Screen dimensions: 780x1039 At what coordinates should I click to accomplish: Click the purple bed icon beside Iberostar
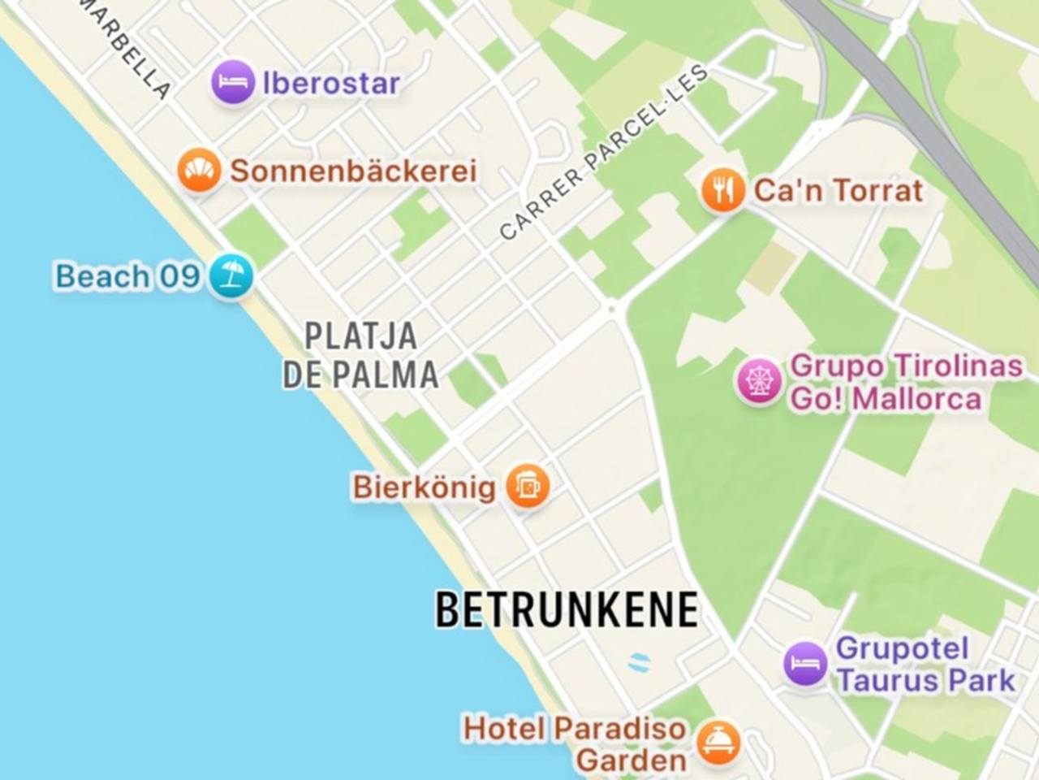232,83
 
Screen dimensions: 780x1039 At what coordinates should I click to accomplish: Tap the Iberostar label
331,83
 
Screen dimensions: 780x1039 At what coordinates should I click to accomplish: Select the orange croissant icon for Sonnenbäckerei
199,171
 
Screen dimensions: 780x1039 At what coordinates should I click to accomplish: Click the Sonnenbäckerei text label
353,171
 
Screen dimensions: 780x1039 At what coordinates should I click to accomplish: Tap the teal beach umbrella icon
231,276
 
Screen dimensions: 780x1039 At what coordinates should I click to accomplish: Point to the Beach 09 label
127,276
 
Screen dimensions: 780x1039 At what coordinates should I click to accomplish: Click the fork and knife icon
722,191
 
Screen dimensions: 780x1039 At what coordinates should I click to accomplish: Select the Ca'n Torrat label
839,191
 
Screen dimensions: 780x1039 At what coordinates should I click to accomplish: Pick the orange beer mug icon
528,487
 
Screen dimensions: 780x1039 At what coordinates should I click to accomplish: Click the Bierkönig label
424,487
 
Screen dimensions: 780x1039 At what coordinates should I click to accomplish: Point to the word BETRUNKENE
567,609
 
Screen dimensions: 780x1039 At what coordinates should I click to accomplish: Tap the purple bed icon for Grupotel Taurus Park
805,664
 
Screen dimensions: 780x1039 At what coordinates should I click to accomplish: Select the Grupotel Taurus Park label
925,664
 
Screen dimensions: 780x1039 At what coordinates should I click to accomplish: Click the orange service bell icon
718,742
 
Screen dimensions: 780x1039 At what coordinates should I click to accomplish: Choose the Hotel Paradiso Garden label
575,744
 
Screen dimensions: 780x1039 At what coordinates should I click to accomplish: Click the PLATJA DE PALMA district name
360,355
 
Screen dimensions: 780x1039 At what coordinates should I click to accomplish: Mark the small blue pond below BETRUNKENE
640,661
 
